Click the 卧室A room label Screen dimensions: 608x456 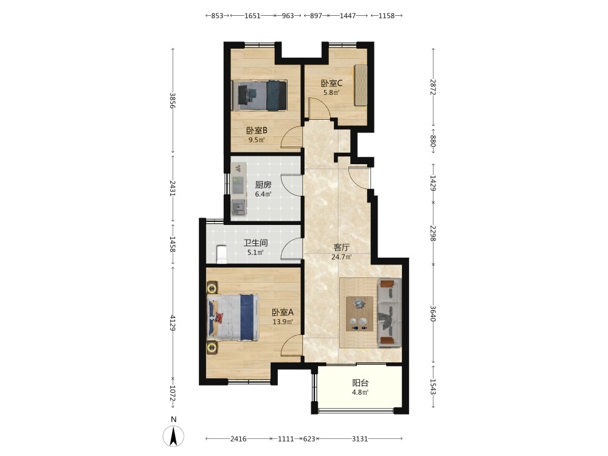282,312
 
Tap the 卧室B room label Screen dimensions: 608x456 257,130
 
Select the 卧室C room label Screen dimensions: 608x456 331,83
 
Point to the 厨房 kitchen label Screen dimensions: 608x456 263,185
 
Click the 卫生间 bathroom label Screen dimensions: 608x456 255,243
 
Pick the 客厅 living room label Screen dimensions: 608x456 342,247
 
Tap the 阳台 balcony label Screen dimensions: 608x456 360,383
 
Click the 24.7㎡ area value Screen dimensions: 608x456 342,257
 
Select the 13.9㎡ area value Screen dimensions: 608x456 282,322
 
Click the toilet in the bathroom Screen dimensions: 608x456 221,254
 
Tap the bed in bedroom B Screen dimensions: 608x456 259,95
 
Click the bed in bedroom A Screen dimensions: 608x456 233,317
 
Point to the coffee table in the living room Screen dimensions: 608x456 359,314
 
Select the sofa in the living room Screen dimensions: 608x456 389,312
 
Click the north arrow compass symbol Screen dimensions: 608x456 173,435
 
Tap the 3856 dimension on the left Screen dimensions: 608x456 173,100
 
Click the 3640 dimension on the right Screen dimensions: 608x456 433,313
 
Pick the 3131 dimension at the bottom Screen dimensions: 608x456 360,438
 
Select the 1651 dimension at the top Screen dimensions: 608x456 252,16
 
